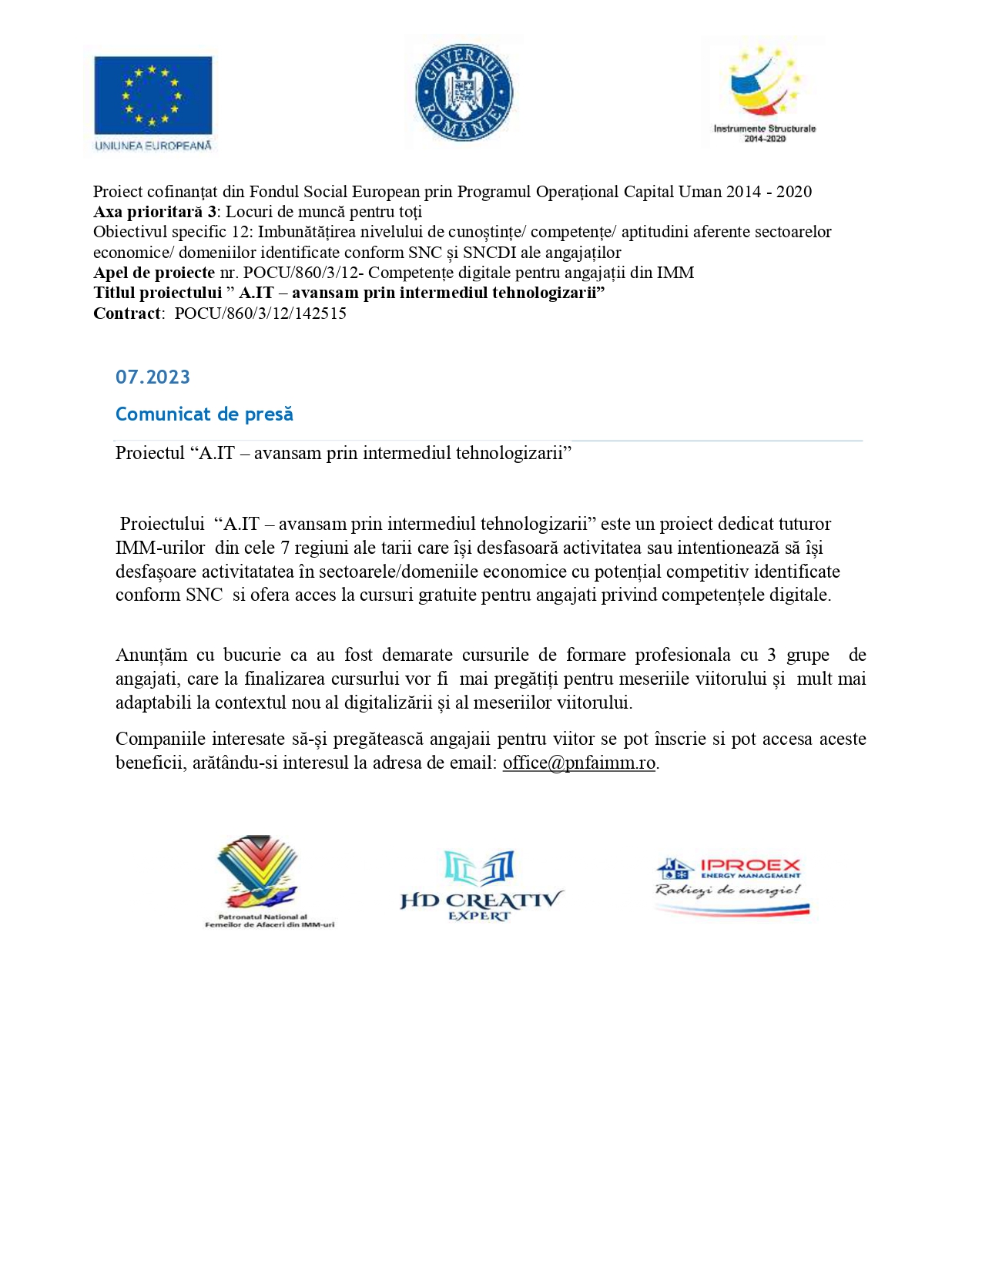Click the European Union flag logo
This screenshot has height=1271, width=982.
coord(152,96)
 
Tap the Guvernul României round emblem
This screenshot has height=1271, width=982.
coord(464,92)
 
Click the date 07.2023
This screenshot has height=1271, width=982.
coord(152,377)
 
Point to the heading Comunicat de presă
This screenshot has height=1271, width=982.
coord(204,414)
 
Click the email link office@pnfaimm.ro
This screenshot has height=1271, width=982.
coord(579,763)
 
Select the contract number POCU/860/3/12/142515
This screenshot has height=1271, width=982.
coord(260,314)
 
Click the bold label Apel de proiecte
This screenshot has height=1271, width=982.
coord(154,273)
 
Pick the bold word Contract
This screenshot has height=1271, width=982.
coord(127,314)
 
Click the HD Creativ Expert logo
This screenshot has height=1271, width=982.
coord(481,886)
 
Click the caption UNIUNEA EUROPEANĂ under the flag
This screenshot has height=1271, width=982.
coord(152,146)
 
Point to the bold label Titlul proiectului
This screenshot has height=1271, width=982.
coord(157,293)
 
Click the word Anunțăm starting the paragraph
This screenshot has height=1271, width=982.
coord(151,655)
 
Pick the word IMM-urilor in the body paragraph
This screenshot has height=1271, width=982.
coord(160,548)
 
